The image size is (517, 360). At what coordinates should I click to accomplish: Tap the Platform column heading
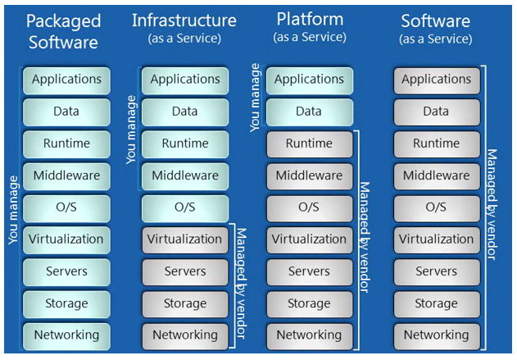click(x=309, y=20)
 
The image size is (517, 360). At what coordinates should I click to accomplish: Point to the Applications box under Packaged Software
click(x=66, y=80)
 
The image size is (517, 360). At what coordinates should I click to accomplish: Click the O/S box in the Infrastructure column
click(x=185, y=207)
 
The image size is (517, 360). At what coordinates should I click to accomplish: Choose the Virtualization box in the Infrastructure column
click(x=185, y=239)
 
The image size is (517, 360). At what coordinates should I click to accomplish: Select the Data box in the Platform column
click(x=309, y=112)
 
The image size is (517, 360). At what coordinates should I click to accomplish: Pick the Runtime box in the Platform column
click(x=309, y=144)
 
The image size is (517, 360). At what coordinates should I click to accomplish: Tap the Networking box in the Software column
click(x=436, y=335)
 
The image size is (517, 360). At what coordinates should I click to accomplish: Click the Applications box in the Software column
click(x=436, y=80)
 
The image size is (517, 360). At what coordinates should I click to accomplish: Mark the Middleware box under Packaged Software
click(x=66, y=175)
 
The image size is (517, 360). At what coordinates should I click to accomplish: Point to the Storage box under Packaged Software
click(x=66, y=303)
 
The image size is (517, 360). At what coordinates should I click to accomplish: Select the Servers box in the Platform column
click(x=309, y=271)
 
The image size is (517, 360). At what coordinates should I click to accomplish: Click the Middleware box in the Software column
click(x=436, y=175)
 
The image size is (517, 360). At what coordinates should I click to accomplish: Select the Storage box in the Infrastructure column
click(x=185, y=303)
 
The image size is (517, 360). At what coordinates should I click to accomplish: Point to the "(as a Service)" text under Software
click(x=436, y=39)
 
